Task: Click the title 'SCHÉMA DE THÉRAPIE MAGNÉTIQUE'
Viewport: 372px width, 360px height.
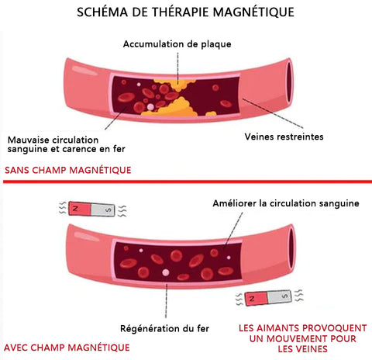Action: tap(185, 12)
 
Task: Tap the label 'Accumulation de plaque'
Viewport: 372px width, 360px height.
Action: tap(177, 44)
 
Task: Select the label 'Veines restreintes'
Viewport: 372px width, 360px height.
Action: tap(284, 137)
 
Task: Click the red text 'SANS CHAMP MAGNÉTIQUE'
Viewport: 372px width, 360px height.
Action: tap(68, 170)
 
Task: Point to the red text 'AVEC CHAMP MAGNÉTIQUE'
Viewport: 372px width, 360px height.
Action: tap(67, 348)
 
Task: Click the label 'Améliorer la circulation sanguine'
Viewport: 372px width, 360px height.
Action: tap(286, 203)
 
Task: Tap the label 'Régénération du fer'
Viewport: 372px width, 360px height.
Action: tap(164, 329)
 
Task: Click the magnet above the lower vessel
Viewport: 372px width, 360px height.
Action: tap(91, 209)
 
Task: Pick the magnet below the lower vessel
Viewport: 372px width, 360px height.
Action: tap(268, 297)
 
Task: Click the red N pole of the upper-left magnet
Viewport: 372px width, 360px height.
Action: tap(80, 209)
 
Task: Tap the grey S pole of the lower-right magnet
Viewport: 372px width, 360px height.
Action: tap(280, 296)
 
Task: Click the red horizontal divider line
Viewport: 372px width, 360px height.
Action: tap(188, 182)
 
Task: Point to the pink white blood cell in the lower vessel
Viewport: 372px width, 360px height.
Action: tap(166, 272)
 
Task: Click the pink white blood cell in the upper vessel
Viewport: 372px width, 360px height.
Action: tap(150, 106)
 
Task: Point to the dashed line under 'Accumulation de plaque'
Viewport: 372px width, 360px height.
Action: tap(177, 68)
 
